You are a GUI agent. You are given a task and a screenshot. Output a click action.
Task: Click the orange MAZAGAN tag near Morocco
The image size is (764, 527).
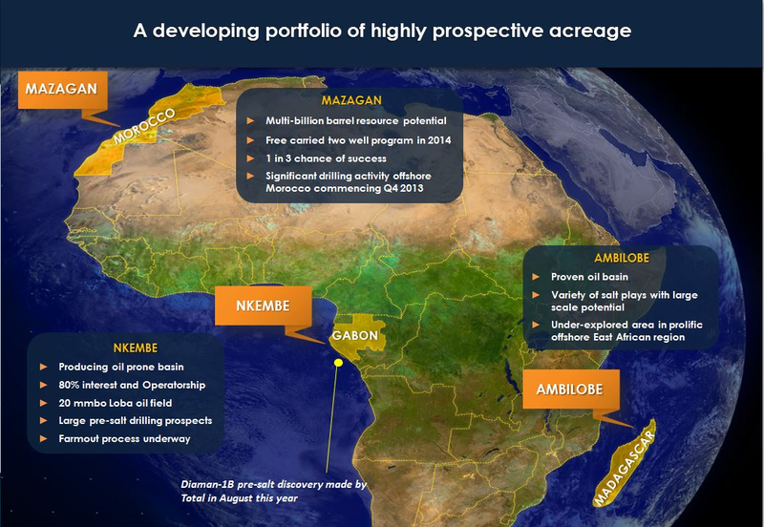[x=62, y=90]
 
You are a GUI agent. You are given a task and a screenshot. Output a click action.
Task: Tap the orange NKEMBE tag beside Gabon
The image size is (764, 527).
[x=264, y=306]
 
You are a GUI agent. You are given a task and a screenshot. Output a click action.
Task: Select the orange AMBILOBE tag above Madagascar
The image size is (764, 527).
[x=570, y=390]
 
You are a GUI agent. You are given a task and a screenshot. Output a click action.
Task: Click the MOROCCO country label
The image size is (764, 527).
[x=144, y=126]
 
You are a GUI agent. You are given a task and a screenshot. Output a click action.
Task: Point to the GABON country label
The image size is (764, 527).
[x=355, y=336]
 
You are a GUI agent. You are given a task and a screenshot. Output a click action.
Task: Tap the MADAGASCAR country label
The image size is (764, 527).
[x=625, y=468]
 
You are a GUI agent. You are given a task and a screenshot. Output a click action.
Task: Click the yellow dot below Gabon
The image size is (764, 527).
[x=338, y=363]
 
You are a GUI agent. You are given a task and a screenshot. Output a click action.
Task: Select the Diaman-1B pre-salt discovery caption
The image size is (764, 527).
[x=273, y=491]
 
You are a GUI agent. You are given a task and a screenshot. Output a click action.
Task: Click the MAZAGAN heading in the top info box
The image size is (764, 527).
[x=351, y=100]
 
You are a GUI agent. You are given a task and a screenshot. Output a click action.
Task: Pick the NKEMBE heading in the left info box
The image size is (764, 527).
[x=136, y=348]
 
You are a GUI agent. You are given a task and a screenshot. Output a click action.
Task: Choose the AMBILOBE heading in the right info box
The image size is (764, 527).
[x=622, y=258]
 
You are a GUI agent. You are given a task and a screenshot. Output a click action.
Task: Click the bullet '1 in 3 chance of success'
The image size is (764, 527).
[x=326, y=158]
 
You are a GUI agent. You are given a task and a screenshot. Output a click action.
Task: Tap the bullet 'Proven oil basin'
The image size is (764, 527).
[x=589, y=277]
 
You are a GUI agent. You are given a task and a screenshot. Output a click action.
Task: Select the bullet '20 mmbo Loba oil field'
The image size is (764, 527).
[x=115, y=403]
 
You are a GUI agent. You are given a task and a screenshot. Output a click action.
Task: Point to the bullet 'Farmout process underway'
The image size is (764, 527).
[x=124, y=438]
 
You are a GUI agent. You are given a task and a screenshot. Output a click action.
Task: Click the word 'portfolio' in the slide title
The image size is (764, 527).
[x=304, y=32]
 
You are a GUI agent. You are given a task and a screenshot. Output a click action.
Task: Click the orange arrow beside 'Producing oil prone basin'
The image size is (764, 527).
[x=43, y=367]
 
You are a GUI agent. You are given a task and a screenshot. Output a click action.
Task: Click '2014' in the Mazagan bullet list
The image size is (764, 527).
[x=439, y=140]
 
